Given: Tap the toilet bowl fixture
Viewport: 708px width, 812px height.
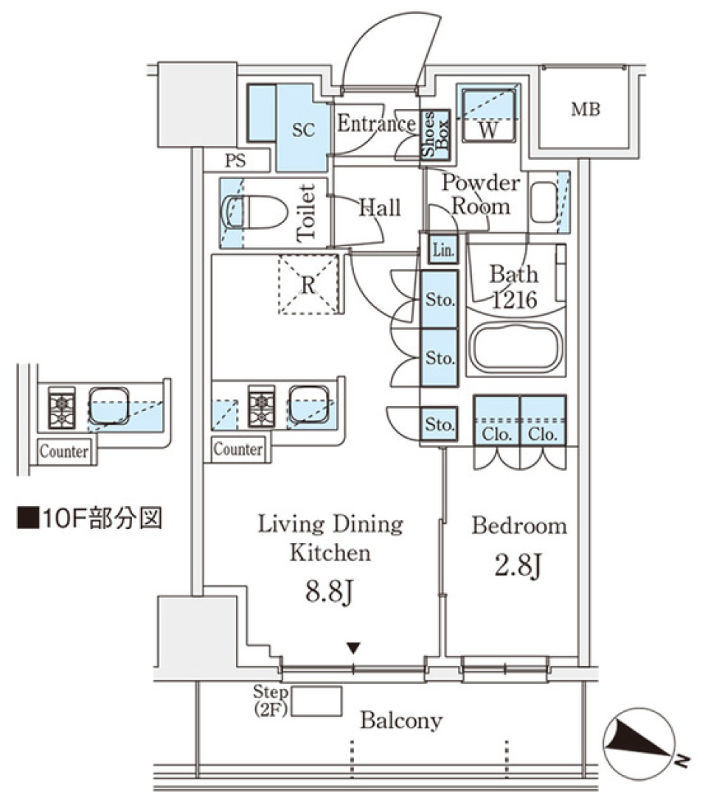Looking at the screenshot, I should pyautogui.click(x=254, y=213).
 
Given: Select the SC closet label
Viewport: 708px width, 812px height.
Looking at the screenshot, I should pyautogui.click(x=303, y=130).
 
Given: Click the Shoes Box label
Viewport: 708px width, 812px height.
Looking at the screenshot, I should pyautogui.click(x=434, y=135).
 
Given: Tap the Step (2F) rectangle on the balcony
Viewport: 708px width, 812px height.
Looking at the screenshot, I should pyautogui.click(x=317, y=701).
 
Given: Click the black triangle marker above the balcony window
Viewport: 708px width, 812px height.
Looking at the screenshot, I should pyautogui.click(x=354, y=648).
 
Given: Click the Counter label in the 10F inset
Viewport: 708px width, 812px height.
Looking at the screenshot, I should pyautogui.click(x=63, y=452).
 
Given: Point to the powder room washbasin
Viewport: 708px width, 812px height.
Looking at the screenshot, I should pyautogui.click(x=544, y=202).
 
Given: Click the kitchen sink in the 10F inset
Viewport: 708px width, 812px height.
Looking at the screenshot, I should pyautogui.click(x=109, y=405).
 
